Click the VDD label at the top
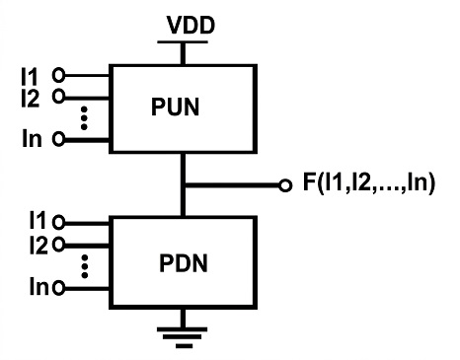(191, 25)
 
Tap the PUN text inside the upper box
(176, 107)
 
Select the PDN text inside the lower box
(184, 263)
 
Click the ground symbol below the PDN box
(182, 337)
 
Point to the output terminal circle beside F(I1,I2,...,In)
(285, 185)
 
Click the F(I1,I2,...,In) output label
(369, 182)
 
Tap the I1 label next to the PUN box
(30, 77)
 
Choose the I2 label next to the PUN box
(31, 98)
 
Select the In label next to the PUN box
(32, 138)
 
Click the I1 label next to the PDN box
(38, 220)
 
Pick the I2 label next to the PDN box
(38, 245)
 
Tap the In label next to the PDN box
(39, 286)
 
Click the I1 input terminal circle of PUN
(58, 76)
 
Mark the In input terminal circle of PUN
(58, 139)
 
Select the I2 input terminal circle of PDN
(58, 245)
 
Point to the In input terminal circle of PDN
(58, 288)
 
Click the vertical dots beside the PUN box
(84, 118)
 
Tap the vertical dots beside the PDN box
(85, 266)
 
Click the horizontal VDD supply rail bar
(183, 41)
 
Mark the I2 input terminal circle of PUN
(58, 97)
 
